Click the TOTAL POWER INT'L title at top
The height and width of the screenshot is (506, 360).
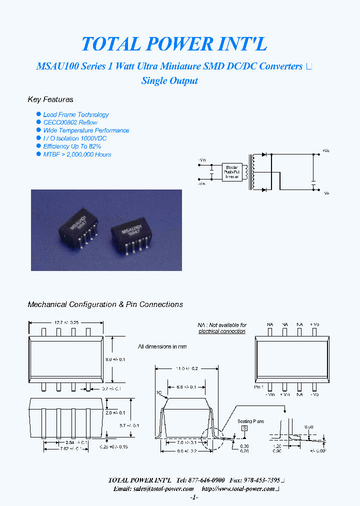pos(174,44)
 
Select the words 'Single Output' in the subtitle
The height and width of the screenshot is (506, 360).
pos(169,81)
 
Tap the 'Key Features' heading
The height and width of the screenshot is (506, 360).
pos(50,99)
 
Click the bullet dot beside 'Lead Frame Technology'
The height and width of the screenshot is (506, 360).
pos(38,114)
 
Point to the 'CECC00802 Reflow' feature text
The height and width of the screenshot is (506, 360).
pos(70,122)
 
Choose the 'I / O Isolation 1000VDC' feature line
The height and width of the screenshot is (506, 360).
pos(74,138)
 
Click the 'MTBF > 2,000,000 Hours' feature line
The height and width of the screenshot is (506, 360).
pos(77,154)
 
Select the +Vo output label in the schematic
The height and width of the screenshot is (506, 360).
pos(325,150)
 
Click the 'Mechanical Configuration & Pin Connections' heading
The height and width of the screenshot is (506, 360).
pos(105,304)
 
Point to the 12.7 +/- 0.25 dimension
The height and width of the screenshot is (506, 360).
pos(67,322)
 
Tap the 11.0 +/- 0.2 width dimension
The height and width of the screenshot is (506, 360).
pos(186,368)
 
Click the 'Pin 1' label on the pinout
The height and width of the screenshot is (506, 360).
pos(258,387)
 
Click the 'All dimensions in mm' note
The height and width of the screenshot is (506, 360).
pos(162,346)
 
